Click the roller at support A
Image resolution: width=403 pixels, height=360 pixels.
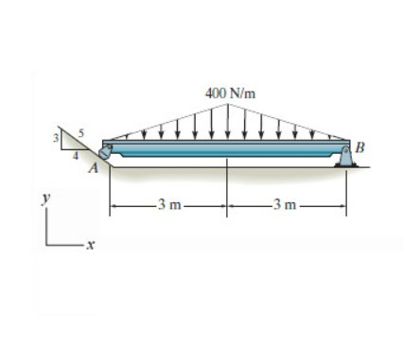click(107, 153)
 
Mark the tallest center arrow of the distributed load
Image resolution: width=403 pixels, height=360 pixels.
click(227, 122)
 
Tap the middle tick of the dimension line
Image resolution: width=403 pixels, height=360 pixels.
click(227, 203)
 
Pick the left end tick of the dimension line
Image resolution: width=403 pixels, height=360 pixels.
click(111, 203)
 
